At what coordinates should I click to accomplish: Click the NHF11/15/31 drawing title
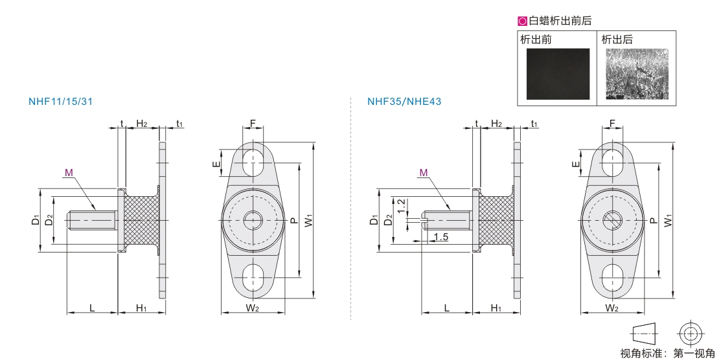[x=60, y=102]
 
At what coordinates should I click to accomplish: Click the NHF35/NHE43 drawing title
[x=404, y=102]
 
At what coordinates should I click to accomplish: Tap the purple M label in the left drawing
[x=69, y=173]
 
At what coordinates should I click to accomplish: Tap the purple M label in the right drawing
[x=423, y=173]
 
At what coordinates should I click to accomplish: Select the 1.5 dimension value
[x=440, y=237]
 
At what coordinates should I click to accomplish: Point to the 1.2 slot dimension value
[x=401, y=206]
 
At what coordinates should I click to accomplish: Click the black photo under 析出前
[x=558, y=74]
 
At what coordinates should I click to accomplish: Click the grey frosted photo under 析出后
[x=637, y=74]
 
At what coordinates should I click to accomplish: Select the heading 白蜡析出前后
[x=560, y=21]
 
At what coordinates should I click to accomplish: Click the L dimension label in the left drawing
[x=92, y=308]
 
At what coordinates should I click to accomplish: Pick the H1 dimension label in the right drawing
[x=496, y=308]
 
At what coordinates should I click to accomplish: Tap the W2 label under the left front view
[x=252, y=308]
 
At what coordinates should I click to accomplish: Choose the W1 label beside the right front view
[x=668, y=220]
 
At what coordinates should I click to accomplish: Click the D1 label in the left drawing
[x=36, y=220]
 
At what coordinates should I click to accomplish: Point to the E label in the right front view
[x=576, y=164]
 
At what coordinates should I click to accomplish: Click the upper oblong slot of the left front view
[x=253, y=163]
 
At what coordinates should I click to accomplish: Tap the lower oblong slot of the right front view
[x=612, y=278]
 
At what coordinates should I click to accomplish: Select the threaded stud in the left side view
[x=93, y=221]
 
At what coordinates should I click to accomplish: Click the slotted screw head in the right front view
[x=612, y=221]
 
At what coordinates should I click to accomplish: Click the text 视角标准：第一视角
[x=668, y=353]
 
